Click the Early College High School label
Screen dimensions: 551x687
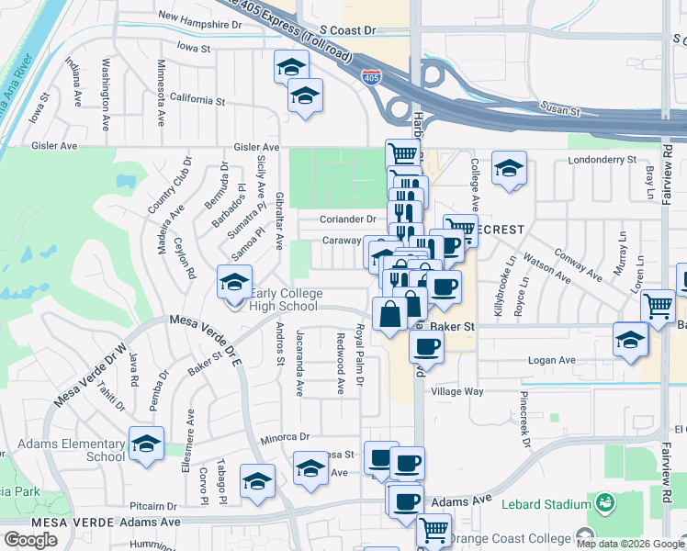tap(285, 299)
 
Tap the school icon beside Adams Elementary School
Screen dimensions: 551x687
tap(146, 444)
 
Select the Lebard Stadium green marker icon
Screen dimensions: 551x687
tap(604, 503)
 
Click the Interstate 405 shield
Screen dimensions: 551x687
tap(371, 78)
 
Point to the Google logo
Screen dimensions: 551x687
tap(30, 539)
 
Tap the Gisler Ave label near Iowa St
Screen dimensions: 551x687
tap(55, 146)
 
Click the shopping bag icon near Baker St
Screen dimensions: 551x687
tap(390, 314)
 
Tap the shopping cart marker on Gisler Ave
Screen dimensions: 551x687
tap(402, 154)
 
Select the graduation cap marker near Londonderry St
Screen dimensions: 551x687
tap(509, 169)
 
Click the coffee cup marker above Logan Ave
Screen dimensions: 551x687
tap(425, 347)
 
